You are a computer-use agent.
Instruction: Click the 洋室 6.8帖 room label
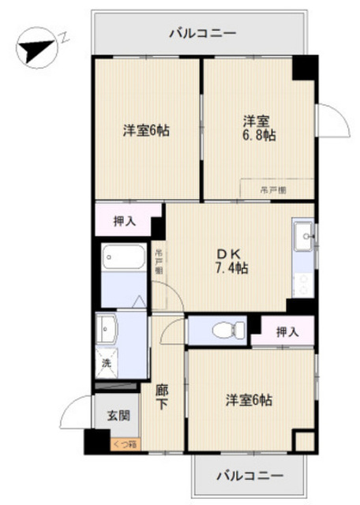pyautogui.click(x=258, y=128)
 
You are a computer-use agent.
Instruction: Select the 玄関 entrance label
pyautogui.click(x=109, y=416)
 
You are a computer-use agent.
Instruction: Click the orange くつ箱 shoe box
pyautogui.click(x=122, y=444)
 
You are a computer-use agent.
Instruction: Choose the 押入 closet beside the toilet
pyautogui.click(x=287, y=331)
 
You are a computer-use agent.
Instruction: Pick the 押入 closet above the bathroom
pyautogui.click(x=125, y=221)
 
